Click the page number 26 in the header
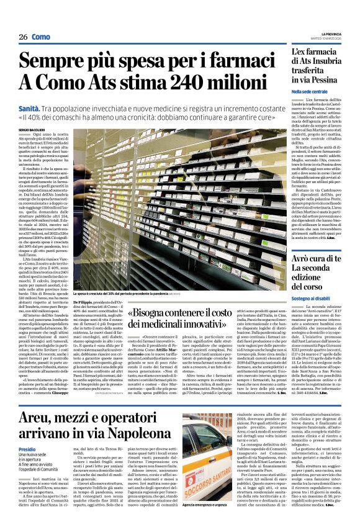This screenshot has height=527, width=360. click(x=23, y=37)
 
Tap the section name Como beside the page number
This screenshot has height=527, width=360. click(x=41, y=37)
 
